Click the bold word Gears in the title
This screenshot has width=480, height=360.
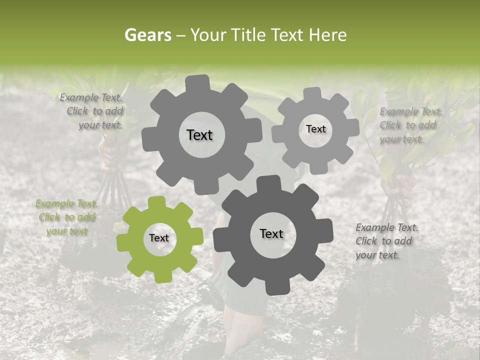[x=147, y=35]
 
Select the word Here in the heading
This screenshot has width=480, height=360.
[x=327, y=35]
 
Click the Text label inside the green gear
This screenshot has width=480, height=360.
[x=159, y=238]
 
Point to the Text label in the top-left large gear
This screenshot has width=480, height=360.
[x=199, y=135]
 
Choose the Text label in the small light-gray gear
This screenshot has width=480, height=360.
[x=315, y=129]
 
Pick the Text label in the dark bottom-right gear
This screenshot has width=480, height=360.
[x=271, y=233]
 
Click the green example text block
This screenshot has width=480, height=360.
[x=66, y=217]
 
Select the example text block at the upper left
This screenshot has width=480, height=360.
[x=92, y=111]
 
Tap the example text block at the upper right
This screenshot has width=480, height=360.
[x=410, y=125]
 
